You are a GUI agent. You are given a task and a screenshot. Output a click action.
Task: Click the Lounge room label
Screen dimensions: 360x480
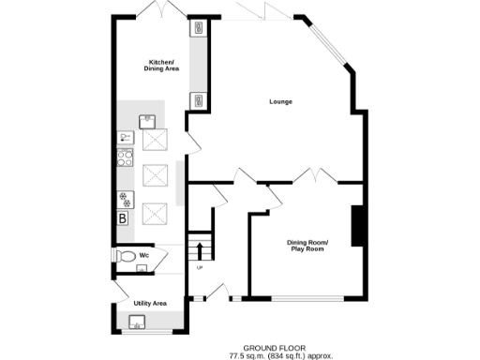[x=280, y=101]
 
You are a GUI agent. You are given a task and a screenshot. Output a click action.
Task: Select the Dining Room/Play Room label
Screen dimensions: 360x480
[x=307, y=246]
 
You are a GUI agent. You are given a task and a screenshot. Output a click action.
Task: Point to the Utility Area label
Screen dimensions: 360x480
[x=150, y=303]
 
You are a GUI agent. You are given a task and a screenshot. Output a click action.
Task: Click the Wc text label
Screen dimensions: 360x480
[x=144, y=254]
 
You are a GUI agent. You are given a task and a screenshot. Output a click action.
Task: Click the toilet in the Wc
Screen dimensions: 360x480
[x=124, y=255]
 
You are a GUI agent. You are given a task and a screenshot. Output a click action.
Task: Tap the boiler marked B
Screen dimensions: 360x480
[x=122, y=218]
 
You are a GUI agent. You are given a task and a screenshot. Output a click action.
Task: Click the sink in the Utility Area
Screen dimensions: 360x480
[x=137, y=324]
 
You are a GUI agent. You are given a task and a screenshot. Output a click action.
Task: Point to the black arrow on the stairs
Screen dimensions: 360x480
[x=200, y=250]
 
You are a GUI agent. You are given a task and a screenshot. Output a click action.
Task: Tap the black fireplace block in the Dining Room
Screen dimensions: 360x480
[x=356, y=226]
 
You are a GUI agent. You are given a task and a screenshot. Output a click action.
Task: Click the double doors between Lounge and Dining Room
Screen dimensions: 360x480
[x=309, y=175]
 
